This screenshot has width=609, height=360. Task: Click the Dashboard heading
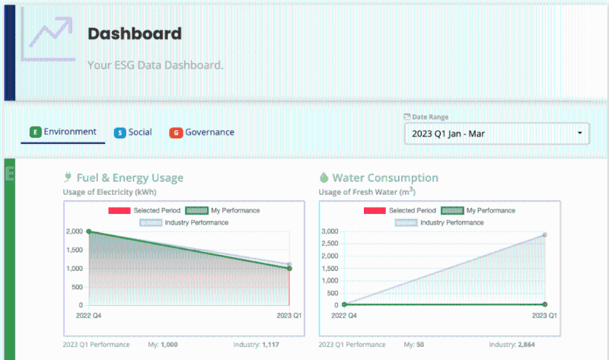point(135,34)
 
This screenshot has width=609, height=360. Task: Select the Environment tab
point(63,132)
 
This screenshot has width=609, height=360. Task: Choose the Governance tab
point(202,132)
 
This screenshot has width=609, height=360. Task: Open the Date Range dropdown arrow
point(579,134)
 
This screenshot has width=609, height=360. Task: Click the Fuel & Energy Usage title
point(129,178)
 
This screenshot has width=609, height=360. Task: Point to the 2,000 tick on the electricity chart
point(73,231)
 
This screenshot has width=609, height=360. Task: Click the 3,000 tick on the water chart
point(328,231)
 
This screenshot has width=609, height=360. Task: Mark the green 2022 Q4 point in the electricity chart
point(89,231)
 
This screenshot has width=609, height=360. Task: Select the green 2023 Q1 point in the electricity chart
point(289,269)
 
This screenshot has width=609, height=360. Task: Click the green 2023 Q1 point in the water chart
point(544,304)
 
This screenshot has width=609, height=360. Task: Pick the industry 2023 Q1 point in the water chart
point(544,234)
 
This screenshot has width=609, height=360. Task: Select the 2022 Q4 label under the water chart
point(344,315)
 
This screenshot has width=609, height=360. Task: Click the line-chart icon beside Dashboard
point(48,34)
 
